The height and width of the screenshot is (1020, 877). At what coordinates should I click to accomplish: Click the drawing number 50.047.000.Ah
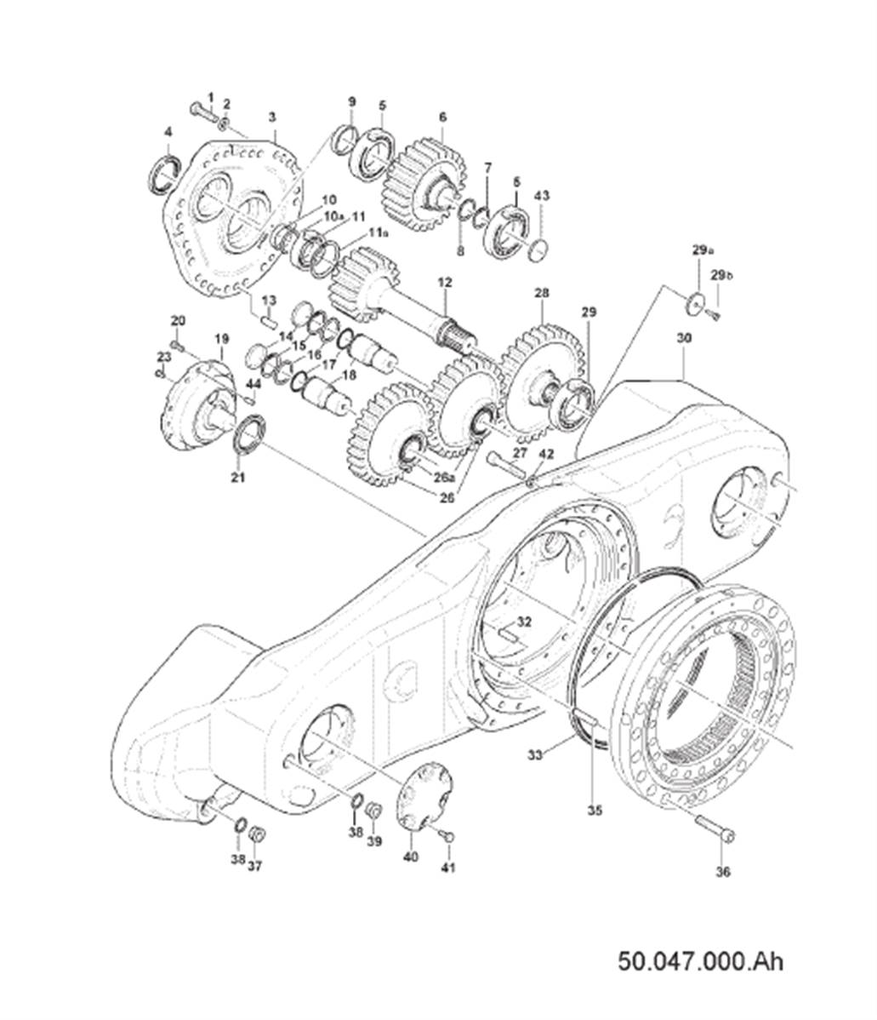point(700,960)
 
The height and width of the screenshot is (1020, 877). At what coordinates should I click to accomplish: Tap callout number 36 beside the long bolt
point(723,872)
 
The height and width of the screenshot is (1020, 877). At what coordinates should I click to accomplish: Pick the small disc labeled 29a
point(697,302)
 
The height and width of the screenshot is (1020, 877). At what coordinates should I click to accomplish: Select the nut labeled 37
point(256,834)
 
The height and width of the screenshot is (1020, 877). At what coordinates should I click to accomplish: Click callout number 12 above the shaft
point(445,283)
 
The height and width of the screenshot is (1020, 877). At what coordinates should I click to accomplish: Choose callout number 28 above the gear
point(542,294)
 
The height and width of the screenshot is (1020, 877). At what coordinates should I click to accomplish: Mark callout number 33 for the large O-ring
point(534,755)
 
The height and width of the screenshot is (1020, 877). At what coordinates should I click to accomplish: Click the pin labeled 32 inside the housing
point(509,633)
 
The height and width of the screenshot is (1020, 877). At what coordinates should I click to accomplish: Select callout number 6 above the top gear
point(442,117)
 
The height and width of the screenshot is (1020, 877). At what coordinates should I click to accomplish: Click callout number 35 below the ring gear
point(595,811)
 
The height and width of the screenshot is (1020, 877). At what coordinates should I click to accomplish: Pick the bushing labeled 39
point(374,811)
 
